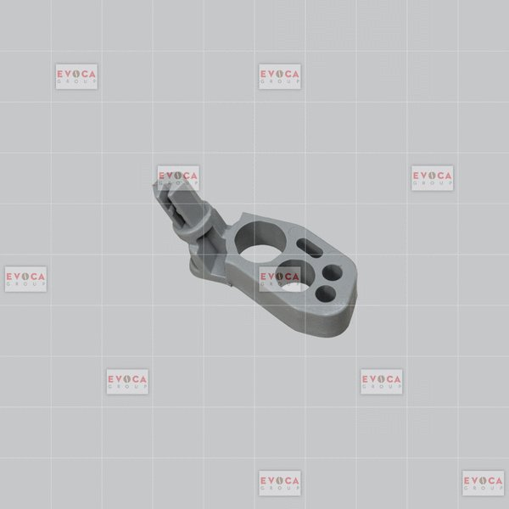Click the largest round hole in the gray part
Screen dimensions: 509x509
pyautogui.click(x=260, y=243)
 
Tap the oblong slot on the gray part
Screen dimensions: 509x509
pyautogui.click(x=310, y=248)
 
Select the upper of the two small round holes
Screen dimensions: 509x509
pyautogui.click(x=333, y=272)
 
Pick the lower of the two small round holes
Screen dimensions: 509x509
pyautogui.click(x=326, y=294)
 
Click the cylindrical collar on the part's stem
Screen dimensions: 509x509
pyautogui.click(x=194, y=223)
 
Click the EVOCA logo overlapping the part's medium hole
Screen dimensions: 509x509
pyautogui.click(x=280, y=279)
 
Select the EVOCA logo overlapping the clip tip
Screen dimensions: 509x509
pyautogui.click(x=178, y=178)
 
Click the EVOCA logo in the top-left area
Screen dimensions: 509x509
pyautogui.click(x=76, y=76)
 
